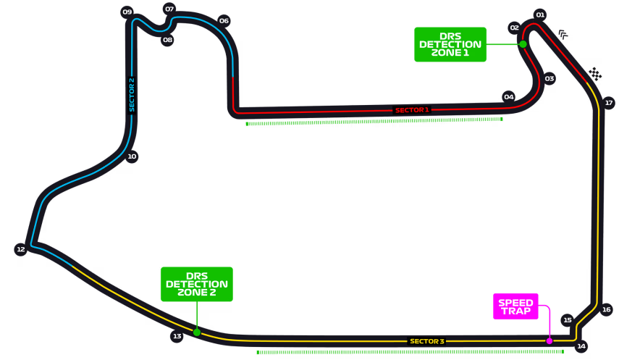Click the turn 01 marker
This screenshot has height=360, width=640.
point(540,14)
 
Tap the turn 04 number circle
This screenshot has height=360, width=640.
point(509,97)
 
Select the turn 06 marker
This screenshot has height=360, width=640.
point(224,21)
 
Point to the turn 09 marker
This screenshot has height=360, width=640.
point(127,12)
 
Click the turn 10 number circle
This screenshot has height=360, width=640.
point(132,156)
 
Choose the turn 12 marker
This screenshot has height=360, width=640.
point(21,250)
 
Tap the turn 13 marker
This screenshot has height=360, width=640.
point(177,336)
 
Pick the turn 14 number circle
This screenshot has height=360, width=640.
point(581,346)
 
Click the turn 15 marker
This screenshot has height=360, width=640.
point(568,320)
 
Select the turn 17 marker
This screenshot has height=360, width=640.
point(609,103)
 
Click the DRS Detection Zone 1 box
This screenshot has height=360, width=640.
point(450,44)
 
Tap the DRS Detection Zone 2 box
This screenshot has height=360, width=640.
point(196,284)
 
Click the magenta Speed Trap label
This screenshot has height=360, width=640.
point(515,306)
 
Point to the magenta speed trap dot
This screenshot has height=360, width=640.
point(550,340)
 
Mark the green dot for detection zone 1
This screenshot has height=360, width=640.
point(523,44)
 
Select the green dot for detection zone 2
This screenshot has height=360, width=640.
point(197,332)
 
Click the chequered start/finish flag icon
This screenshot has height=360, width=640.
point(595,74)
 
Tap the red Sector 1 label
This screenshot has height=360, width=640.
point(412,110)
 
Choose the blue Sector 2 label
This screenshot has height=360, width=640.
point(132,95)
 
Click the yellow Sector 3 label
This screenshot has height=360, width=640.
point(426,341)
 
